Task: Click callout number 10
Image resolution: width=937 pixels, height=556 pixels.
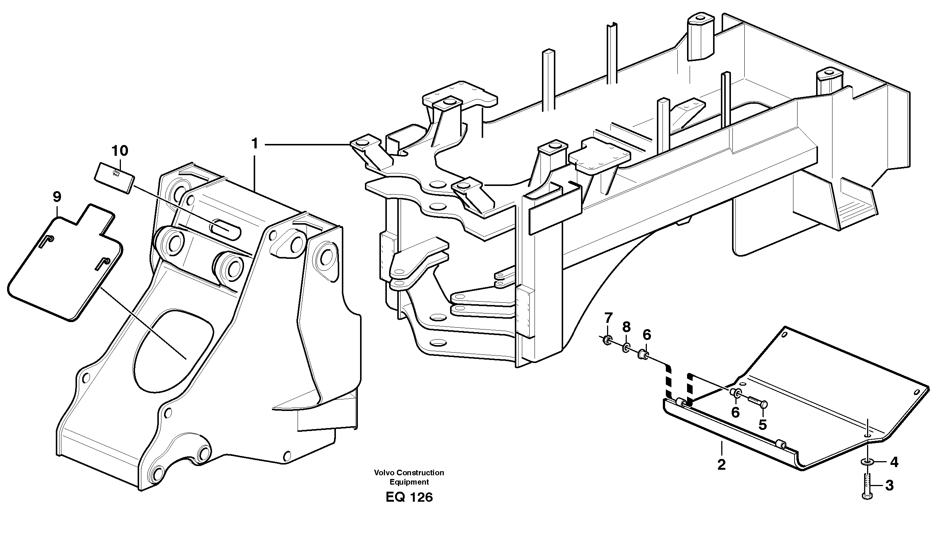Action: pos(120,151)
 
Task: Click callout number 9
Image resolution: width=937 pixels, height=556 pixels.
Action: pos(57,197)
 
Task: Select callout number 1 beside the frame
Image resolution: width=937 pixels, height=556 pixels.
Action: pos(255,144)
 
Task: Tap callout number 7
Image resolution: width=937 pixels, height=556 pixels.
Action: pos(608,318)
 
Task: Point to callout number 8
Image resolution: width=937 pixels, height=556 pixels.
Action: pos(626,327)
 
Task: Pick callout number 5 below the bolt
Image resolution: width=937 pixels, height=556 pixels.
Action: pos(763,424)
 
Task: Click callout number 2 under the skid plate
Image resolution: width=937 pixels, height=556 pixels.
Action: pos(721,465)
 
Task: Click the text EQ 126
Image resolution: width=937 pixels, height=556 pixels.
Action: pos(409,498)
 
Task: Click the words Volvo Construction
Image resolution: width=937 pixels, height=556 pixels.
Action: pos(409,473)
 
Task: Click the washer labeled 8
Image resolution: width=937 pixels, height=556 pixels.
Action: pos(626,349)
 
